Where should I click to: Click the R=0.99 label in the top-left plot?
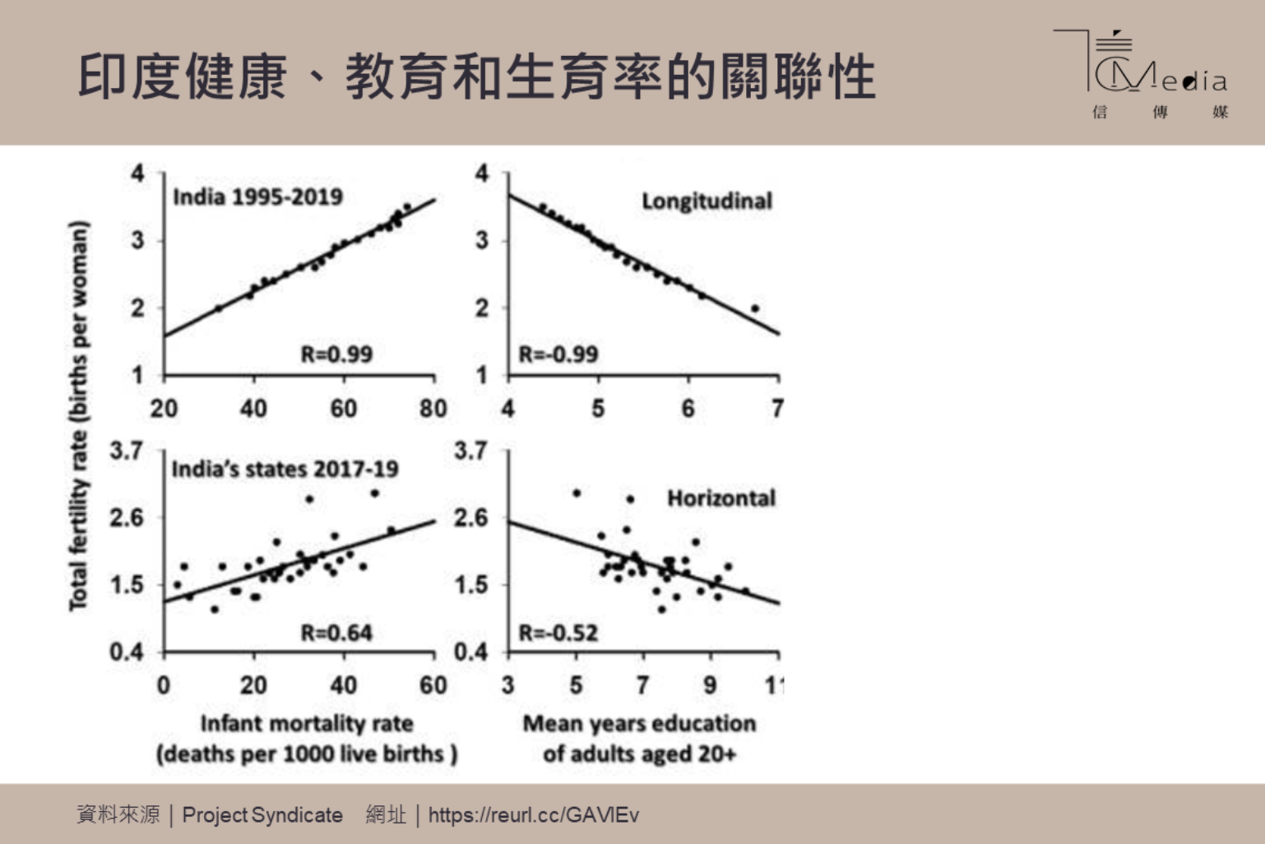[336, 355]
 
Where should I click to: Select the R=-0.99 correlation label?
[558, 355]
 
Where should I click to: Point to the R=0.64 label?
[336, 633]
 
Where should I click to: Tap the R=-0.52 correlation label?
[558, 633]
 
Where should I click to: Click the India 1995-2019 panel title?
[257, 197]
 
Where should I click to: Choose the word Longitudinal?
[707, 202]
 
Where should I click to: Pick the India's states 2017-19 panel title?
[285, 470]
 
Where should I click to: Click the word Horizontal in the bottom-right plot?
[721, 499]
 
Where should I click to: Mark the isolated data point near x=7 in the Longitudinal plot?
[755, 308]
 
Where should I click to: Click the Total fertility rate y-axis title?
[78, 415]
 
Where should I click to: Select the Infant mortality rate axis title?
[307, 724]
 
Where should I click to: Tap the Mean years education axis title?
[639, 724]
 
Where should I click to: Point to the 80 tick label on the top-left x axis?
[433, 409]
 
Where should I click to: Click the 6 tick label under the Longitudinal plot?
[688, 409]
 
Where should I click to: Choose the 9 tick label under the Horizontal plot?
[710, 685]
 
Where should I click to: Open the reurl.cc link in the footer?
[533, 815]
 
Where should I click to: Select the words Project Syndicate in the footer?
[262, 815]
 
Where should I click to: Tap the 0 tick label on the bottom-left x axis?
[164, 685]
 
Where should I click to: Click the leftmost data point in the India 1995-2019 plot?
[218, 308]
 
